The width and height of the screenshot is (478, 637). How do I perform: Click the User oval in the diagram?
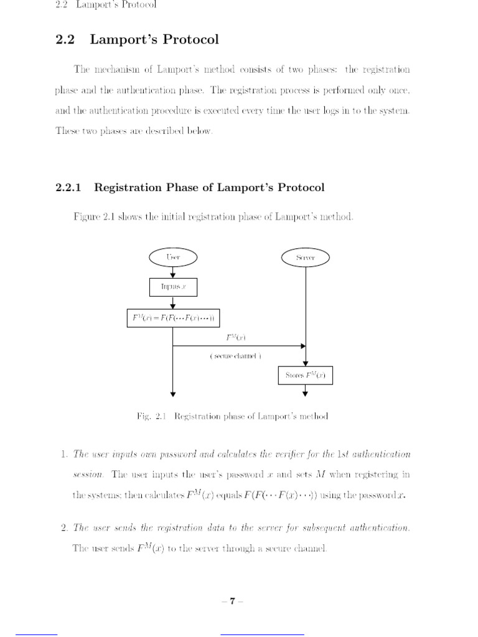pos(173,257)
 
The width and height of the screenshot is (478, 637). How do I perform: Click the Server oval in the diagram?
pos(306,258)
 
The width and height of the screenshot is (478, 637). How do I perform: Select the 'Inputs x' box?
pos(173,287)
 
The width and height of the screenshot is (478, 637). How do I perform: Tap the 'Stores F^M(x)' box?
pos(305,376)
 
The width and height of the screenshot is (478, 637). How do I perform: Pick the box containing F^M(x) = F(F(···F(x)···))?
pos(173,319)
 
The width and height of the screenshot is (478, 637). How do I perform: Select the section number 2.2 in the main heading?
pos(65,40)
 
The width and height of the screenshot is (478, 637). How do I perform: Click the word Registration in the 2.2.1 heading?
pos(128,187)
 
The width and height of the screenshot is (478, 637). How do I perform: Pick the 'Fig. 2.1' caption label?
pos(149,416)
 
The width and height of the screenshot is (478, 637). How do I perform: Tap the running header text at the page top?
pos(106,5)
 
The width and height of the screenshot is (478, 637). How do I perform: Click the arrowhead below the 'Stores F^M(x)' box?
pos(306,393)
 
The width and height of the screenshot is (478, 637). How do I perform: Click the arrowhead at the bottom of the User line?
pos(173,393)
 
